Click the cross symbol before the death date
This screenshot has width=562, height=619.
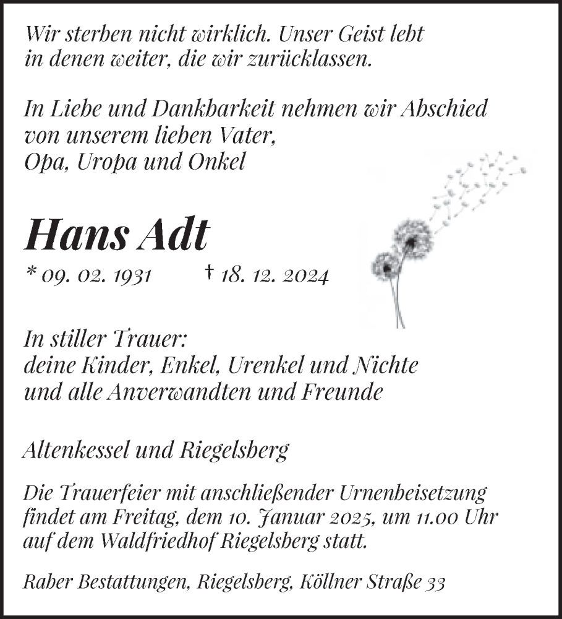coord(210,273)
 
